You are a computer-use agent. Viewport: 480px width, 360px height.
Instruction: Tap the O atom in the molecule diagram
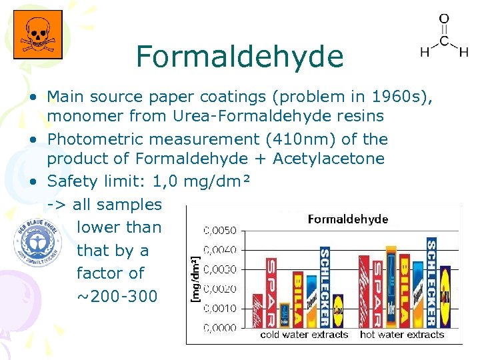[443, 21]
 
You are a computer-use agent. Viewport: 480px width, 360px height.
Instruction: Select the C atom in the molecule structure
[443, 41]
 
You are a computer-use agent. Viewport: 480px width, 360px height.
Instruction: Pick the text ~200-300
[117, 295]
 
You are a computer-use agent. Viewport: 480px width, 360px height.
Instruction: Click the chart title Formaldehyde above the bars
[347, 219]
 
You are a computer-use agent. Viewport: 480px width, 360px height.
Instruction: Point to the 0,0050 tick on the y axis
[219, 231]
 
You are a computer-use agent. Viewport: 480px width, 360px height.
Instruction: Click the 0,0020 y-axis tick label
[219, 289]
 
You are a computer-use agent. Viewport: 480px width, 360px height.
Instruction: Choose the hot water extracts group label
[401, 335]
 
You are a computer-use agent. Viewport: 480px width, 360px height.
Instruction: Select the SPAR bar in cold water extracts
[271, 292]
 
